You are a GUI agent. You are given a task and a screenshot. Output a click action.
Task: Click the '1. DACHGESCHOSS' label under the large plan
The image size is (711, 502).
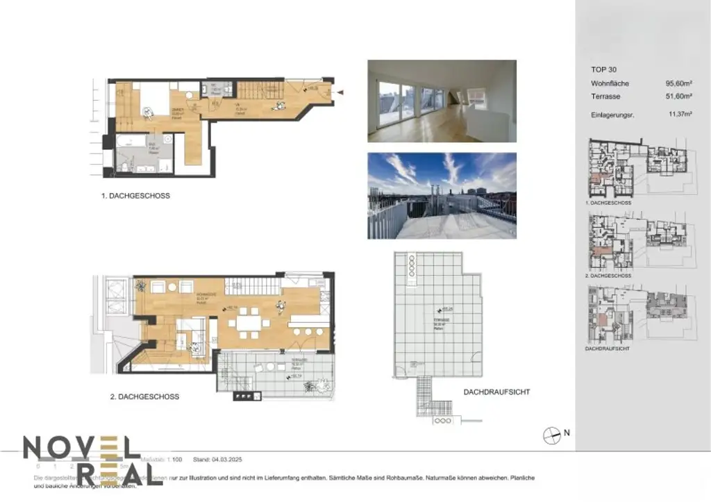135,196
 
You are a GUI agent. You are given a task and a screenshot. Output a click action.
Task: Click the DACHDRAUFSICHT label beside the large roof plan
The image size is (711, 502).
496,392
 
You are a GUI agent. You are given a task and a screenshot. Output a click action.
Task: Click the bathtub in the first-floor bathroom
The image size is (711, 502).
130,141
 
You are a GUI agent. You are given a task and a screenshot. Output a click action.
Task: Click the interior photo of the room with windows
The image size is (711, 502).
442,101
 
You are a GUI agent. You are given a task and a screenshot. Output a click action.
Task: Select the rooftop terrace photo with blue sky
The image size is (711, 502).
442,195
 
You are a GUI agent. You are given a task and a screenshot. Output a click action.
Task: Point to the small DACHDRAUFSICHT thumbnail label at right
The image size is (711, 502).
608,348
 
